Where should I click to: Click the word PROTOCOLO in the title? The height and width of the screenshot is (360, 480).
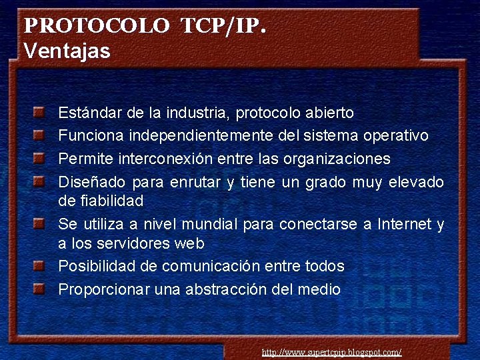[96, 26]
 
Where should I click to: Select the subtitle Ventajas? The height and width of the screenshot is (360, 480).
[67, 51]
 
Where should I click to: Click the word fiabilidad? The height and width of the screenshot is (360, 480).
[111, 200]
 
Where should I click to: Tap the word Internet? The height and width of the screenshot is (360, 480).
[404, 224]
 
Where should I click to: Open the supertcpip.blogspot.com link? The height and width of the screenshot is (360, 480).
[331, 352]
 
